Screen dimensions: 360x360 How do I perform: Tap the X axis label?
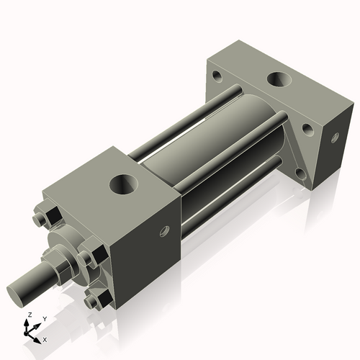[x=45, y=338]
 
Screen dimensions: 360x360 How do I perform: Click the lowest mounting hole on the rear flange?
[x=300, y=174]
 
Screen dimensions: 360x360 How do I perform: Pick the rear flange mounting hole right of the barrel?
[x=307, y=130]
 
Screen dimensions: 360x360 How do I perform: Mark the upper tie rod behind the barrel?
[x=180, y=122]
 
